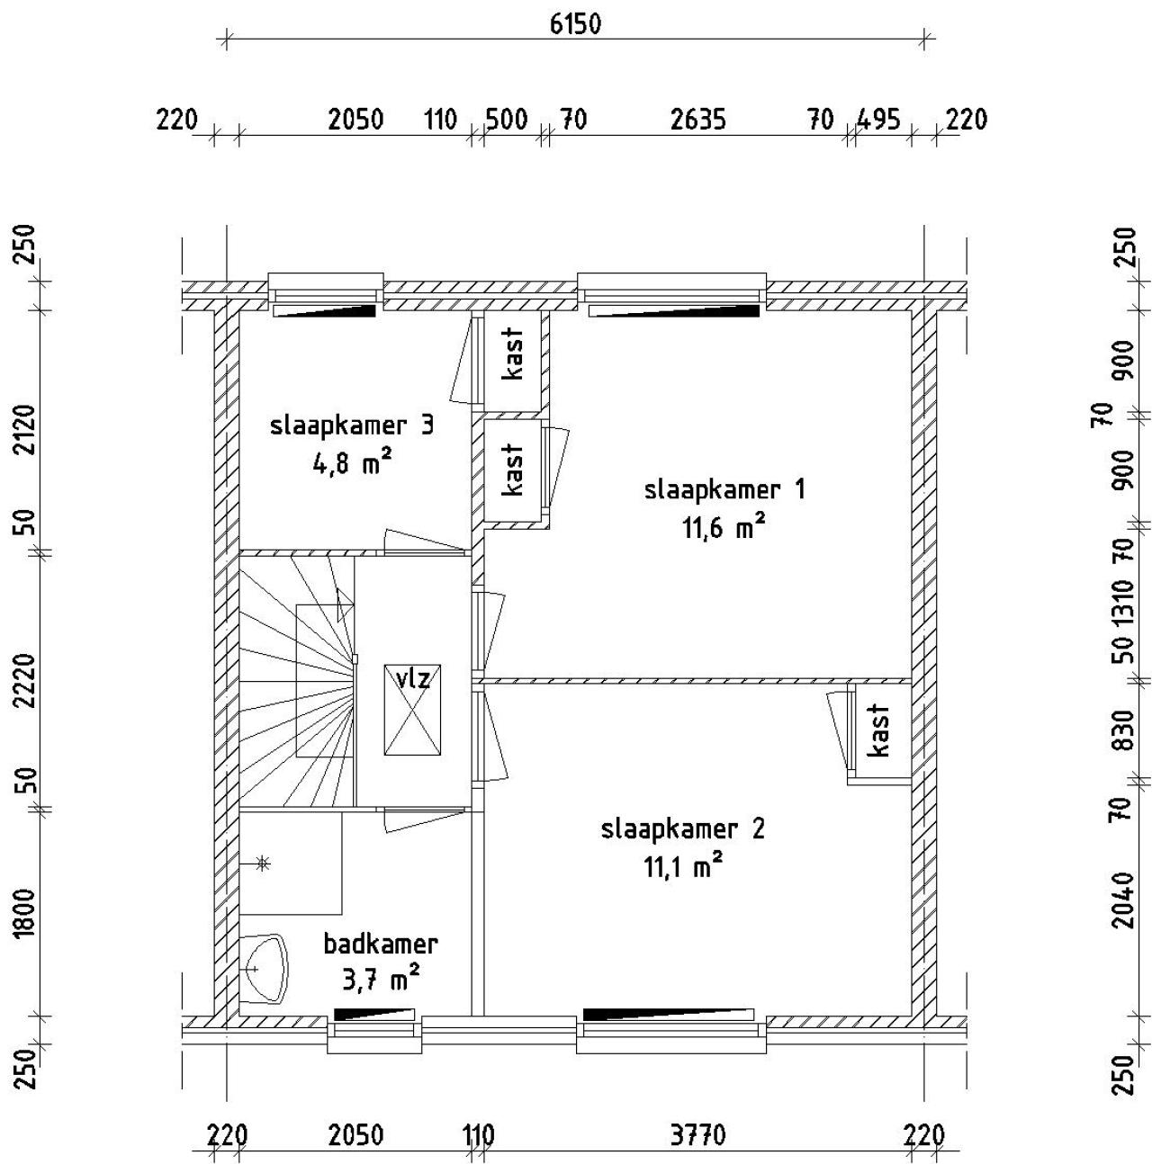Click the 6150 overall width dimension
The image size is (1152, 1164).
point(575,25)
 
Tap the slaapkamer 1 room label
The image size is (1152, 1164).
point(724,489)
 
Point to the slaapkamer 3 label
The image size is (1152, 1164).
point(351,425)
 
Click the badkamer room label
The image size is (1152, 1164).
point(380,944)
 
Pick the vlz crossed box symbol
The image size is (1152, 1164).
point(412,709)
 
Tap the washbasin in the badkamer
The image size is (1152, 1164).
point(264,970)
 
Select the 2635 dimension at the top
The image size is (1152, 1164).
point(698,120)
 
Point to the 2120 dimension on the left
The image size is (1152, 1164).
point(26,429)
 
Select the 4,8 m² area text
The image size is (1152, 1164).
point(352,465)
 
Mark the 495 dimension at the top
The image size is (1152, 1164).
point(878,120)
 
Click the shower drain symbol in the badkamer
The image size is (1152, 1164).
point(262,864)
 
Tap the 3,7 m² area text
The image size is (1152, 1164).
point(381,981)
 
